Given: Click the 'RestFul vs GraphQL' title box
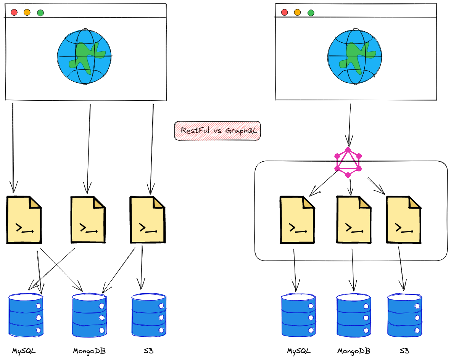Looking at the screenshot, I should (x=217, y=131).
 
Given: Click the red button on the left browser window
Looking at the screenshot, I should (x=14, y=12).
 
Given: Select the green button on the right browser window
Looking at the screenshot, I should (x=311, y=13).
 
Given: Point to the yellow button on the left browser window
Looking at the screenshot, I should (x=27, y=12).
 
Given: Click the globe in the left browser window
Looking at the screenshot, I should (x=84, y=56).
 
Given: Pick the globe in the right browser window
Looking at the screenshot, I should (x=354, y=56).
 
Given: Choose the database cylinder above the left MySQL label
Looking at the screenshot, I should (x=26, y=315).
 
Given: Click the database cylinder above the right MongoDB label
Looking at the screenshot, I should (x=354, y=315).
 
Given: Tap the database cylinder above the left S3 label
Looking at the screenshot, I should (x=149, y=315).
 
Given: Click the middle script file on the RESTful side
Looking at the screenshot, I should (x=88, y=220).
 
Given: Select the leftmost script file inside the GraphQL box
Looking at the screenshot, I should (x=297, y=220).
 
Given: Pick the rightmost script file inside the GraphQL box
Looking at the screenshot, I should (x=404, y=220).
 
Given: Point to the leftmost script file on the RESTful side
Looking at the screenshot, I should (x=24, y=220).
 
